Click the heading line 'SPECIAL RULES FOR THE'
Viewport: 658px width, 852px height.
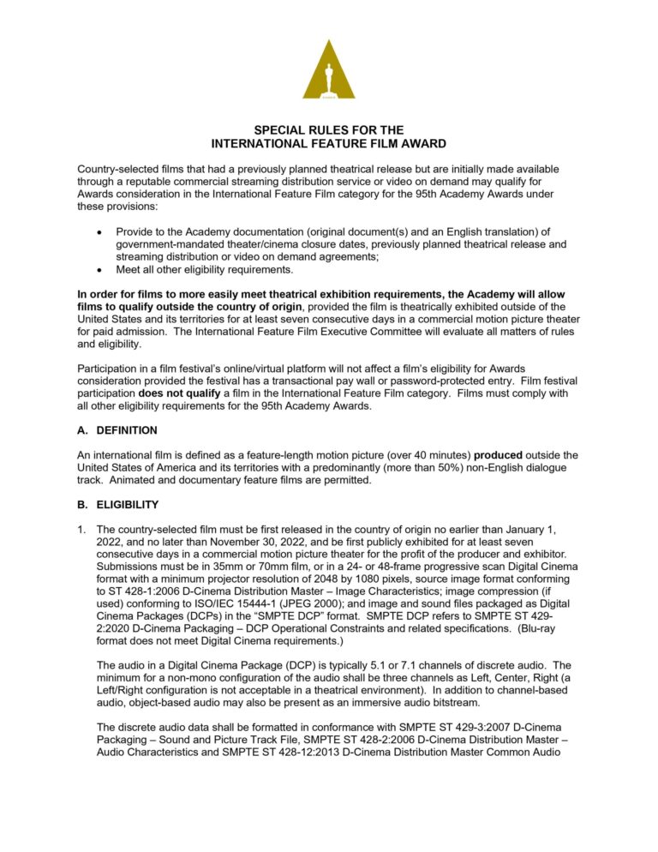click(x=329, y=130)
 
